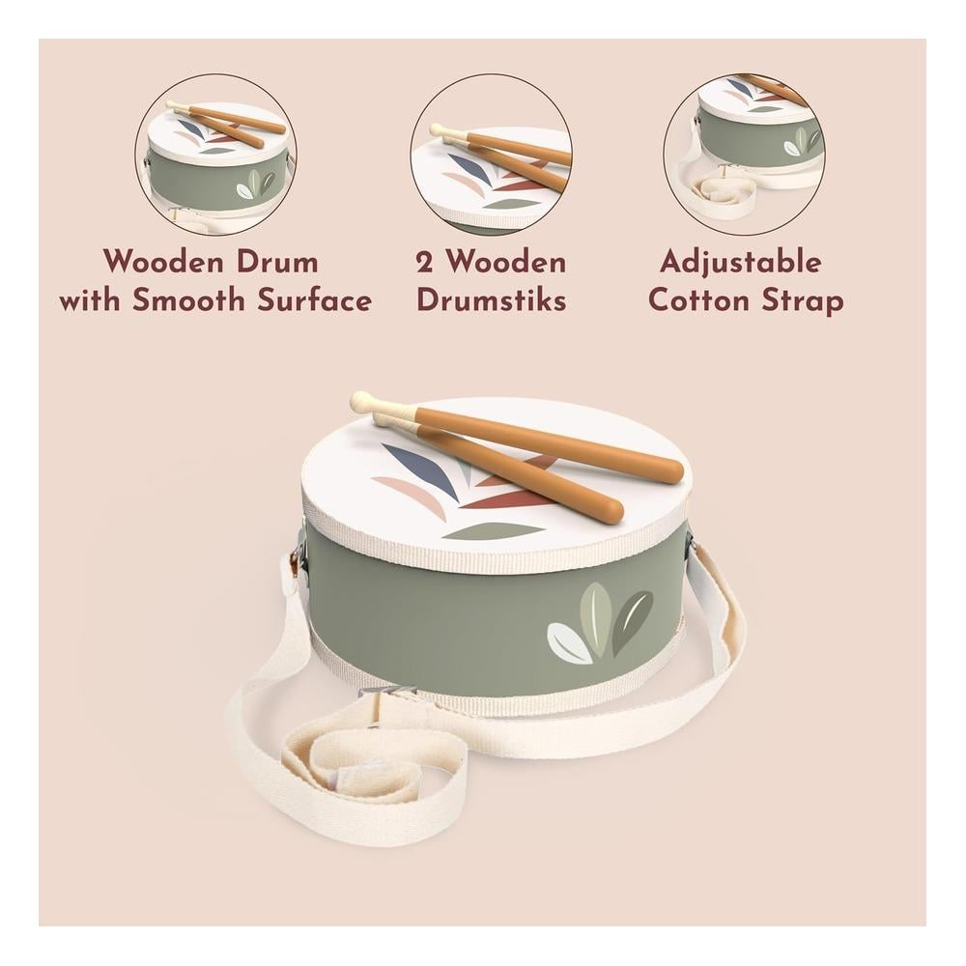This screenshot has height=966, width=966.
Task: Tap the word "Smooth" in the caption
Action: (x=189, y=300)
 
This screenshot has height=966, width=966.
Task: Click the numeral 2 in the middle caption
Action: (x=424, y=263)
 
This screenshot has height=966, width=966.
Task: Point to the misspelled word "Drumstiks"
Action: (x=492, y=300)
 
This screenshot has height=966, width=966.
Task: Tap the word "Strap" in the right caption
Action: (x=802, y=301)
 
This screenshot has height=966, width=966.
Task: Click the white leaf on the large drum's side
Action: (x=568, y=642)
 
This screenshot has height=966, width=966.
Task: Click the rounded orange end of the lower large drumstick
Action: (x=610, y=510)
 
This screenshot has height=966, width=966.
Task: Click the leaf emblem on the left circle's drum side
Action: (x=256, y=185)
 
